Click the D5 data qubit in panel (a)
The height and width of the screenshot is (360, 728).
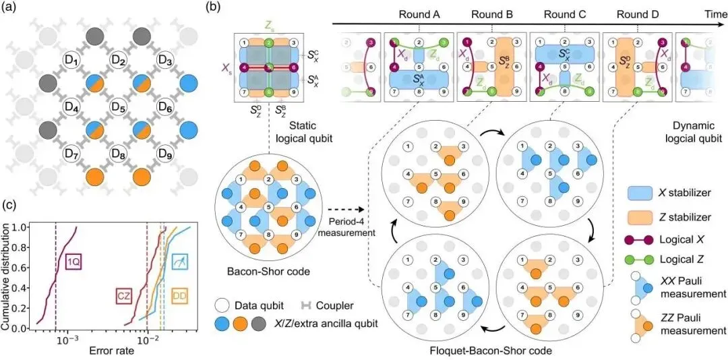(119, 107)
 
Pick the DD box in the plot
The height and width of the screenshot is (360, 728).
(180, 295)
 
